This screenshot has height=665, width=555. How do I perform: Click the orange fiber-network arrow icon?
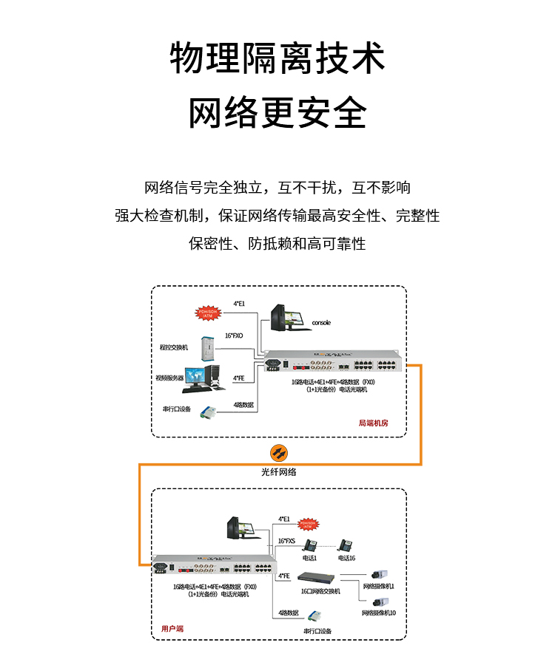tap(279, 453)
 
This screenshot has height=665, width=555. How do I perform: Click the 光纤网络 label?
tap(279, 471)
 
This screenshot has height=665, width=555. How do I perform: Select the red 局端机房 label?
tap(373, 423)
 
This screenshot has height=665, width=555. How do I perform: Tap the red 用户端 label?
tap(172, 629)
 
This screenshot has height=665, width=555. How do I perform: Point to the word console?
tap(321, 323)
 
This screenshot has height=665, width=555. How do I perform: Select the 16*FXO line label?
tap(234, 336)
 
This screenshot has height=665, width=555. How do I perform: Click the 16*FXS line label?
tap(286, 542)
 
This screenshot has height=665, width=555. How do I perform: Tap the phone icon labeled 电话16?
tap(344, 546)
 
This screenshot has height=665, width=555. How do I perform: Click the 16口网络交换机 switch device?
tap(319, 578)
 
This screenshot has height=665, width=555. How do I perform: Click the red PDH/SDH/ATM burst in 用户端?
tap(309, 524)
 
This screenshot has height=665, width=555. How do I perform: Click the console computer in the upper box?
tap(285, 318)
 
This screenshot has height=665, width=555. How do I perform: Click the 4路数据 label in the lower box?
tap(288, 613)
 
